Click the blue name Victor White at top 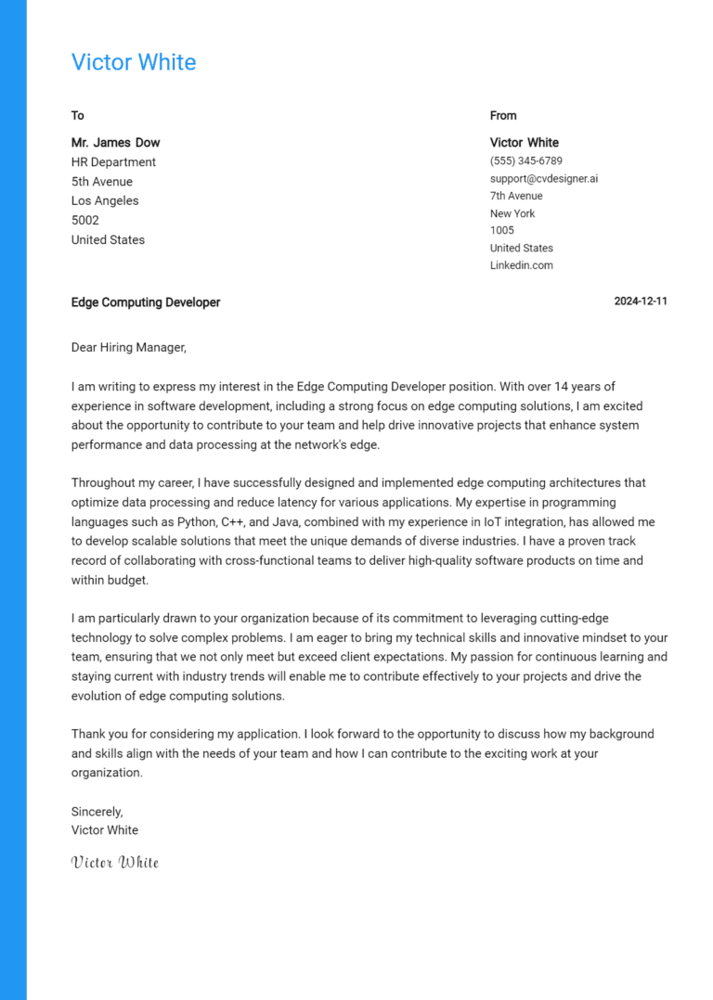tap(134, 62)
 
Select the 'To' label tap(78, 116)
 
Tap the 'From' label tap(503, 116)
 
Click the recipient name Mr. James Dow tap(115, 143)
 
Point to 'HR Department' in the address tap(113, 162)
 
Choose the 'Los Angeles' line tap(105, 201)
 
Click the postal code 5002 tap(85, 221)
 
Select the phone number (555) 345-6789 tap(525, 161)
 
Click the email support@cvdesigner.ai tap(544, 178)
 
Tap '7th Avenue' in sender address tap(516, 196)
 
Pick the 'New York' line tap(512, 213)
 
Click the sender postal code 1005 tap(501, 230)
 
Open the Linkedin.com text tap(521, 265)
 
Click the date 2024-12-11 tap(641, 301)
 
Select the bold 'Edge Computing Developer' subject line tap(146, 302)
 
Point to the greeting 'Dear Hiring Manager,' tap(128, 348)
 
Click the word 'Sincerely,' tap(97, 812)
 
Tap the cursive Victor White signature tap(115, 863)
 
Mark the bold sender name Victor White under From tap(525, 143)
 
